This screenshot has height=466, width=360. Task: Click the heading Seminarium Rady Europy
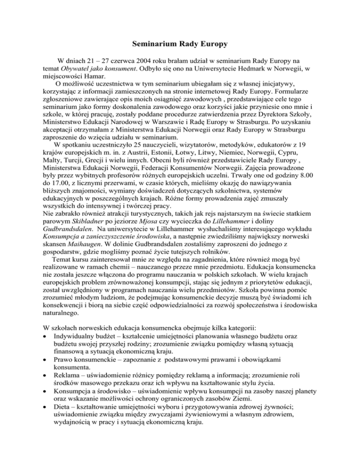pyautogui.click(x=180, y=45)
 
